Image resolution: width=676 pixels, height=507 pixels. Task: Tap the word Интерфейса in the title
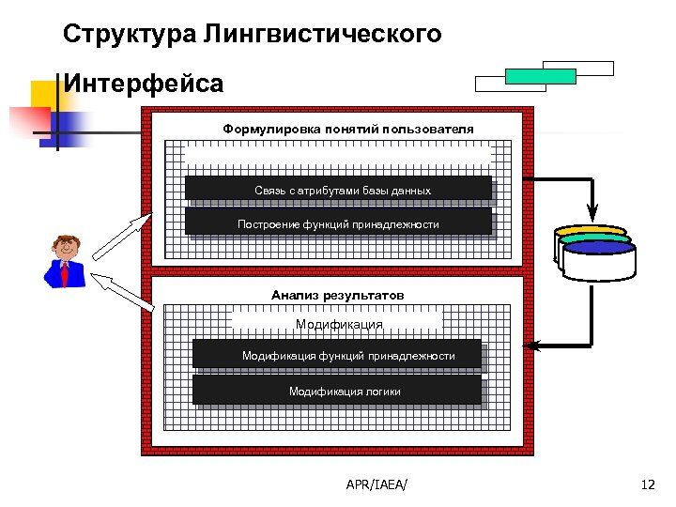144,84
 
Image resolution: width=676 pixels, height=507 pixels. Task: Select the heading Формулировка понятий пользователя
347,129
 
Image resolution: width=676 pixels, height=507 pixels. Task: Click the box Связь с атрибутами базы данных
338,190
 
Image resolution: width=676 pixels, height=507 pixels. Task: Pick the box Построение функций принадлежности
338,223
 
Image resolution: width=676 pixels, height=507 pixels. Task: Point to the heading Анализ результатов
337,295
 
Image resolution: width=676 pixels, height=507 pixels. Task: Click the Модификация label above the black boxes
339,324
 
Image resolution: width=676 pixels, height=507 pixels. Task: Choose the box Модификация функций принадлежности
337,355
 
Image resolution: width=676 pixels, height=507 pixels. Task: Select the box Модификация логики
337,391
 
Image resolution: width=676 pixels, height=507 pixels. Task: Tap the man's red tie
64,274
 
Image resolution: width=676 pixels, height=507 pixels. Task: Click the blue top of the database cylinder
599,249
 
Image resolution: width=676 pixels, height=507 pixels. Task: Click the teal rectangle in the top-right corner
540,76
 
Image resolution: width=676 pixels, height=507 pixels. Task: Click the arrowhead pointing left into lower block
529,346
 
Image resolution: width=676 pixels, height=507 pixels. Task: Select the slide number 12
646,484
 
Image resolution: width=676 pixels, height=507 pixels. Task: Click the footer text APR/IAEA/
383,484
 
